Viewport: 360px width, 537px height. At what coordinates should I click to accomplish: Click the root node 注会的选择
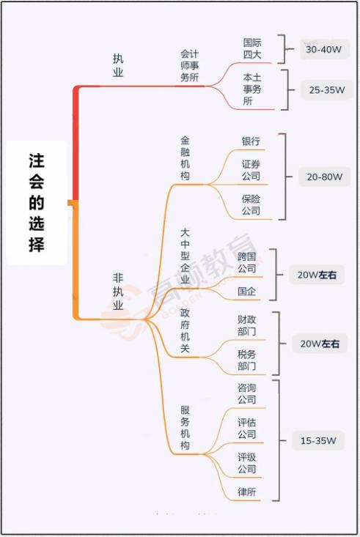click(x=37, y=203)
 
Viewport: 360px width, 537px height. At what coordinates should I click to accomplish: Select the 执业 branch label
click(x=118, y=65)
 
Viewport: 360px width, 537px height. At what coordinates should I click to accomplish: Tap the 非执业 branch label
click(x=118, y=291)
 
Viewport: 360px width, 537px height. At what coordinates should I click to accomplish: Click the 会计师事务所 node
click(x=189, y=65)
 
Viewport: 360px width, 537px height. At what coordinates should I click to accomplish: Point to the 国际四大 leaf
click(x=252, y=48)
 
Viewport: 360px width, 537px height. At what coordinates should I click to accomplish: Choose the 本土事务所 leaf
click(x=252, y=89)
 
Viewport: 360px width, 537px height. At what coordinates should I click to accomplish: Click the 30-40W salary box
click(x=324, y=49)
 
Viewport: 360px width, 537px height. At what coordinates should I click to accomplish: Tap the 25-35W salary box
click(x=327, y=90)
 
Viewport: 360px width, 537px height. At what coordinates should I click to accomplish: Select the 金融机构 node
click(x=185, y=158)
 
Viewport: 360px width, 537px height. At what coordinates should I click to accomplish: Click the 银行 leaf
click(x=251, y=141)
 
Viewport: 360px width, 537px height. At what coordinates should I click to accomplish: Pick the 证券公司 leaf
click(x=251, y=170)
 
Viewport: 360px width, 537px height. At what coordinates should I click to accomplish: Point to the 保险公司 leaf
click(x=251, y=204)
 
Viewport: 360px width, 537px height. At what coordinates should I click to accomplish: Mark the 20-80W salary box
click(x=325, y=177)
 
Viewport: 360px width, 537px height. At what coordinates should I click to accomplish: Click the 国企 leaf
click(x=247, y=292)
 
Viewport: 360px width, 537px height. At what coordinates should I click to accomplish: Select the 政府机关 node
click(x=185, y=330)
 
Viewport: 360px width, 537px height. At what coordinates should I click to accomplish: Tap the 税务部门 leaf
click(x=247, y=360)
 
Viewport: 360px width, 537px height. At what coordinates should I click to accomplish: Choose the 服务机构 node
click(x=185, y=428)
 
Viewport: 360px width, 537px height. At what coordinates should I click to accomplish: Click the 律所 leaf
click(x=247, y=492)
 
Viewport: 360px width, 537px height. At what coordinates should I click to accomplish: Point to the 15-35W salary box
click(x=318, y=440)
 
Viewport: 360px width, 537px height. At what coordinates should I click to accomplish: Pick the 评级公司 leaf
click(x=247, y=463)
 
